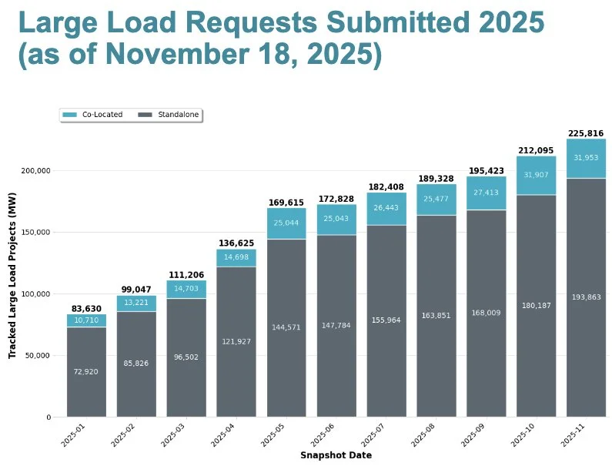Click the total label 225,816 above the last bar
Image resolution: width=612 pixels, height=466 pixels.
[x=586, y=133]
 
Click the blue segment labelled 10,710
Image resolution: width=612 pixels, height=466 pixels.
[x=86, y=320]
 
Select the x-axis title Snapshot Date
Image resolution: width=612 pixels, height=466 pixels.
[x=336, y=456]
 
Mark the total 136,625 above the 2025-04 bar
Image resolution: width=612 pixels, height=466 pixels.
[x=236, y=243]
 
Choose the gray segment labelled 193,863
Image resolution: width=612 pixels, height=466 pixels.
[x=586, y=297]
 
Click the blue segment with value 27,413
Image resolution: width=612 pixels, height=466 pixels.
[x=487, y=193]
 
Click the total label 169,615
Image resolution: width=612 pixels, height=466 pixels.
[x=286, y=203]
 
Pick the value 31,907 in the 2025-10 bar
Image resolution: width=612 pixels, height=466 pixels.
[x=536, y=175]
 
